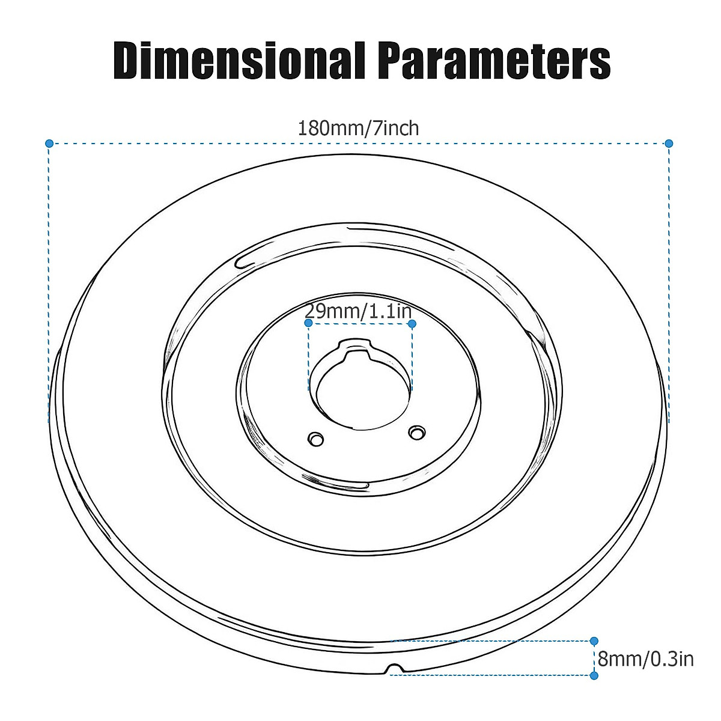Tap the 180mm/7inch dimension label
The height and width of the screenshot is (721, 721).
tap(359, 128)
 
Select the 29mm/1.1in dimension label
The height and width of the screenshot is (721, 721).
tap(358, 311)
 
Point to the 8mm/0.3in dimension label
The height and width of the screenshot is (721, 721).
tap(646, 659)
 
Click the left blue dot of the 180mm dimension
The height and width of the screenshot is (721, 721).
tap(49, 143)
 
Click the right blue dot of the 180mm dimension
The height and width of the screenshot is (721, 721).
tap(669, 143)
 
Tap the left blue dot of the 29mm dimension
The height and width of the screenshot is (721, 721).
tap(308, 323)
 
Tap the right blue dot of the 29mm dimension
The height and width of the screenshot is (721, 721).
tap(412, 323)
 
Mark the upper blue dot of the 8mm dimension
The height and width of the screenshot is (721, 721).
tap(594, 641)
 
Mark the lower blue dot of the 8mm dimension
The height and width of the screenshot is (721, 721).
tap(594, 675)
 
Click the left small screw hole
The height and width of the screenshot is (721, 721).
tap(315, 439)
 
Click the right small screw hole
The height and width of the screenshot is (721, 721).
tap(416, 431)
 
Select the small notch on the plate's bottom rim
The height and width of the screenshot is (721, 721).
tap(394, 669)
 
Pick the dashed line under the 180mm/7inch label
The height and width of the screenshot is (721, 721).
tap(180, 143)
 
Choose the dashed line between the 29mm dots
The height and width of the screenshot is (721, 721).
tap(360, 323)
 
